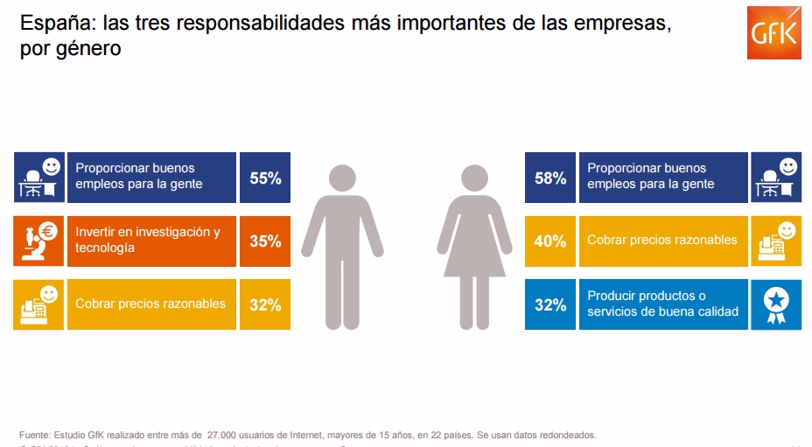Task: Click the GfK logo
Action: click(x=773, y=34)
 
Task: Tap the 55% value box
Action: click(x=265, y=178)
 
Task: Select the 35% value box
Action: click(x=265, y=241)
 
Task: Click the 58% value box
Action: click(x=550, y=178)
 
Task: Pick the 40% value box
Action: click(x=550, y=241)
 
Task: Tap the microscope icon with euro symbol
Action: click(x=38, y=241)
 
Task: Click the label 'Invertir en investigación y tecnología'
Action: click(x=148, y=241)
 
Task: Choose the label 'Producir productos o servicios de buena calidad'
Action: click(x=662, y=304)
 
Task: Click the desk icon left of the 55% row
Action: click(x=38, y=178)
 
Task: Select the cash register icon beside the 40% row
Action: click(x=775, y=241)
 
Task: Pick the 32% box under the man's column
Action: click(x=265, y=304)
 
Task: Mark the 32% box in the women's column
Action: click(x=550, y=304)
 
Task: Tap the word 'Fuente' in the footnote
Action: click(x=35, y=435)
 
